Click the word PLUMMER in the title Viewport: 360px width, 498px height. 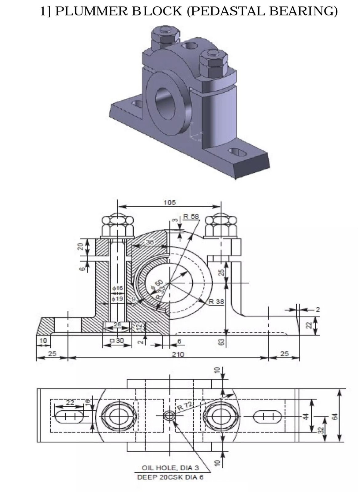tap(91, 11)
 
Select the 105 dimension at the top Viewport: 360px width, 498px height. tap(170, 202)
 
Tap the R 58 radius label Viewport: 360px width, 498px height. tap(191, 216)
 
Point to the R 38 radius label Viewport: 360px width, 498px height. tap(216, 301)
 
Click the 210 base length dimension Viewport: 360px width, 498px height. tap(178, 354)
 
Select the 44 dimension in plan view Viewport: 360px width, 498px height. tap(306, 416)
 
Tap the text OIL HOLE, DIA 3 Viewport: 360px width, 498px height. tap(170, 468)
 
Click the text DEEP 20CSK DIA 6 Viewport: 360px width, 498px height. tap(170, 477)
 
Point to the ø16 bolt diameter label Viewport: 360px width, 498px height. tap(118, 288)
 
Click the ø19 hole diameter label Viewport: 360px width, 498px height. tap(118, 299)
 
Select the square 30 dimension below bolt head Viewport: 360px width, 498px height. tap(117, 341)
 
